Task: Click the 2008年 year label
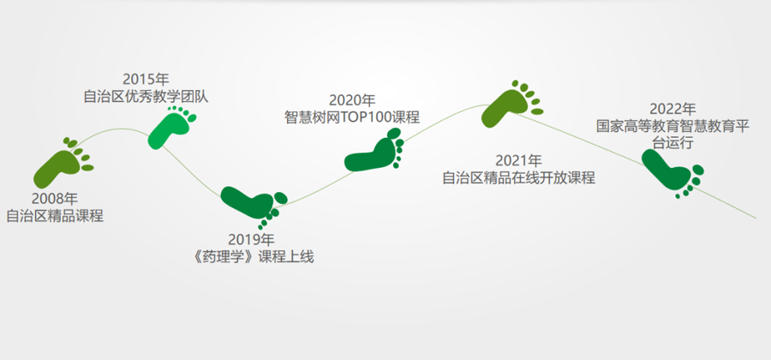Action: (x=55, y=199)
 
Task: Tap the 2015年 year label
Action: (x=146, y=79)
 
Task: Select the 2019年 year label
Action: (x=251, y=240)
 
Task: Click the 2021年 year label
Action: (x=519, y=161)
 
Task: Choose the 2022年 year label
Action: (x=673, y=109)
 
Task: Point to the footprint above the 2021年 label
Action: (x=509, y=105)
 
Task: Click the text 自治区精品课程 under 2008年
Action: (x=55, y=216)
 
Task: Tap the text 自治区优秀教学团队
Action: (x=146, y=96)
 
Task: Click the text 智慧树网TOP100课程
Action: (x=352, y=118)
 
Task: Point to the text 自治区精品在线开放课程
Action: (x=519, y=177)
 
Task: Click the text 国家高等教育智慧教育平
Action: (x=673, y=126)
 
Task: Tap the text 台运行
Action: (x=673, y=143)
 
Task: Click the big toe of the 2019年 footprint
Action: (x=281, y=198)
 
